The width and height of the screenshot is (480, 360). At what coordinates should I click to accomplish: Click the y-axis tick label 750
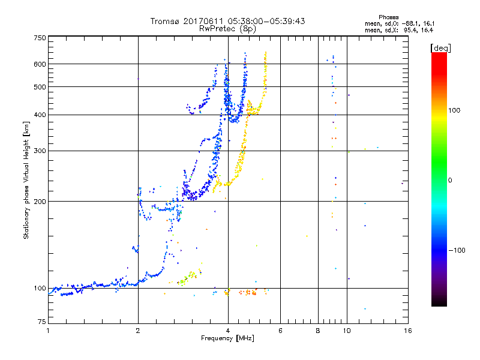point(40,37)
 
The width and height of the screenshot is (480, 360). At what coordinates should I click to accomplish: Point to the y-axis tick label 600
point(40,64)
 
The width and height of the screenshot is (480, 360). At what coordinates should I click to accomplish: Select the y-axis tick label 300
point(40,151)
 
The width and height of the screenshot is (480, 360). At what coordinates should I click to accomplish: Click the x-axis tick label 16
point(407,330)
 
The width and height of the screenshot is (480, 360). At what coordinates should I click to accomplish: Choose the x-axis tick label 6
point(280,330)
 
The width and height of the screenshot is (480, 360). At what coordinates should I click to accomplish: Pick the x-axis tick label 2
point(138,330)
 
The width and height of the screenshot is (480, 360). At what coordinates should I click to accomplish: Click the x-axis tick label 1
point(48,330)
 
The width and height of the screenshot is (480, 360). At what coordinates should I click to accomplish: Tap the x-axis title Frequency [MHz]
point(228,338)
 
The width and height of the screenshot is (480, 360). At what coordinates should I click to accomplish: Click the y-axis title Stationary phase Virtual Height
point(26,180)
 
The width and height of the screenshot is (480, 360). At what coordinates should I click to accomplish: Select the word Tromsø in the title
point(166,21)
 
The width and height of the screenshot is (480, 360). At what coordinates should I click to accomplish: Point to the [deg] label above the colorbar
point(440,47)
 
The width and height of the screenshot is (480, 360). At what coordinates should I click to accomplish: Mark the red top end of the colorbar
point(439,55)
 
